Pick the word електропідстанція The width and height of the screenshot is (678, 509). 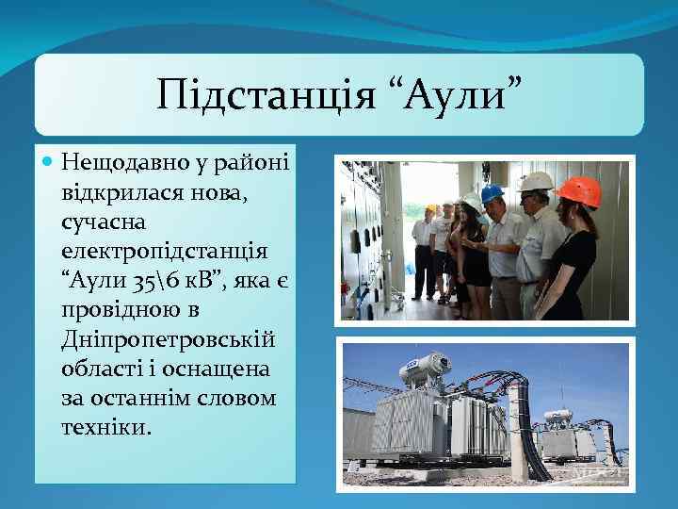point(164,253)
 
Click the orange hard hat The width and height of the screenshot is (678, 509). point(579,190)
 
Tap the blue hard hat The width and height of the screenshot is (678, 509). point(492,193)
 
